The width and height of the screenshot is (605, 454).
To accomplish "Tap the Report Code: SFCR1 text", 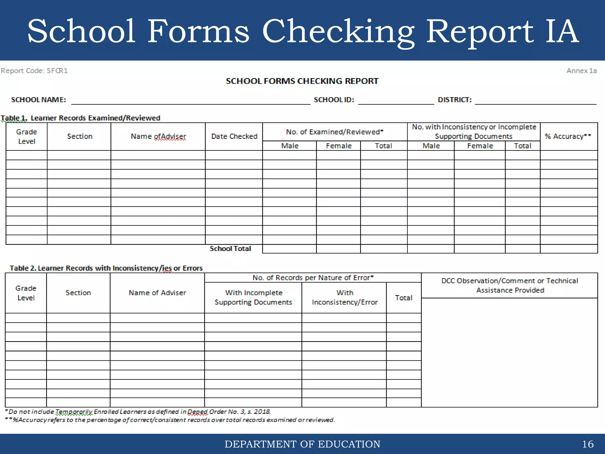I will (34, 71).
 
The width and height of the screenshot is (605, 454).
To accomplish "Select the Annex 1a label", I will (581, 71).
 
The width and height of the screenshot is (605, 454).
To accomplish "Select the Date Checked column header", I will (234, 136).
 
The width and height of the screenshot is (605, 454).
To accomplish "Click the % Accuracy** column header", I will (568, 136).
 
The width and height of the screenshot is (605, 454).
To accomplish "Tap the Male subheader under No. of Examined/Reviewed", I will (290, 146).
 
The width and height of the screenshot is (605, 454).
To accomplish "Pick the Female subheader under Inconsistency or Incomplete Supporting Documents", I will (480, 146).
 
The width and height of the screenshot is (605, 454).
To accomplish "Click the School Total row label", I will (230, 249).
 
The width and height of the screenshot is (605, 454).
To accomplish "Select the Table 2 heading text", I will (106, 268).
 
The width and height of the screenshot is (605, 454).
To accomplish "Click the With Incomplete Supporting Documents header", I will (253, 297).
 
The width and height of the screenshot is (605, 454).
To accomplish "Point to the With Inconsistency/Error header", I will (344, 297).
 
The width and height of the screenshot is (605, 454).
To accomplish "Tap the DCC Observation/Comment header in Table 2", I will (510, 285).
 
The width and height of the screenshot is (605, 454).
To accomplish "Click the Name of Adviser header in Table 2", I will (157, 293).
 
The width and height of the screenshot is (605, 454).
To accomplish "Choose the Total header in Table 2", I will (404, 298).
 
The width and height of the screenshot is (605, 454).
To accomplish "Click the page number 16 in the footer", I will (588, 444).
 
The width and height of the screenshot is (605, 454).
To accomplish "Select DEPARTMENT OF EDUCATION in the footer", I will (302, 444).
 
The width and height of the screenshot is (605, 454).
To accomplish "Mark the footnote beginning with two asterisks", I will (170, 420).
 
